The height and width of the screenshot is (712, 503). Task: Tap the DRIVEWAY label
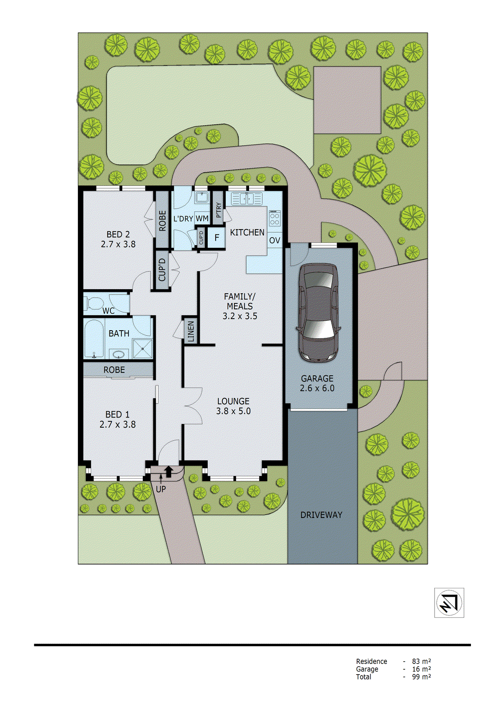(321, 515)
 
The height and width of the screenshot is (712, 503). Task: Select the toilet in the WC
(94, 303)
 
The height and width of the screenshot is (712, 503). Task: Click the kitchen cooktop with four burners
(275, 218)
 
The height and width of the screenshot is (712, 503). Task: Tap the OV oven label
(274, 240)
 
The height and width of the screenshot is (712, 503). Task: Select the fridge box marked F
(217, 238)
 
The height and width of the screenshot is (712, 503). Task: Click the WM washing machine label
(202, 218)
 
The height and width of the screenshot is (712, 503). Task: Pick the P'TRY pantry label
(218, 210)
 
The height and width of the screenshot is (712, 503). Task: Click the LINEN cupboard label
(191, 332)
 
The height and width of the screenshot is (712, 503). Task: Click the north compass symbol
(449, 603)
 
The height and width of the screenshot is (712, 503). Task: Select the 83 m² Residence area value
(421, 661)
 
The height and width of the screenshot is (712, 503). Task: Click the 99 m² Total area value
(421, 677)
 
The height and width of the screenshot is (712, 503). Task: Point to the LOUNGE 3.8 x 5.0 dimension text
(233, 411)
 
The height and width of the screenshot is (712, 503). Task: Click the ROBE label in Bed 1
(114, 370)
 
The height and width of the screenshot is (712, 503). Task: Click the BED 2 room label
(118, 235)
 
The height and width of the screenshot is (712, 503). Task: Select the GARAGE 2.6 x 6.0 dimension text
(317, 388)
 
